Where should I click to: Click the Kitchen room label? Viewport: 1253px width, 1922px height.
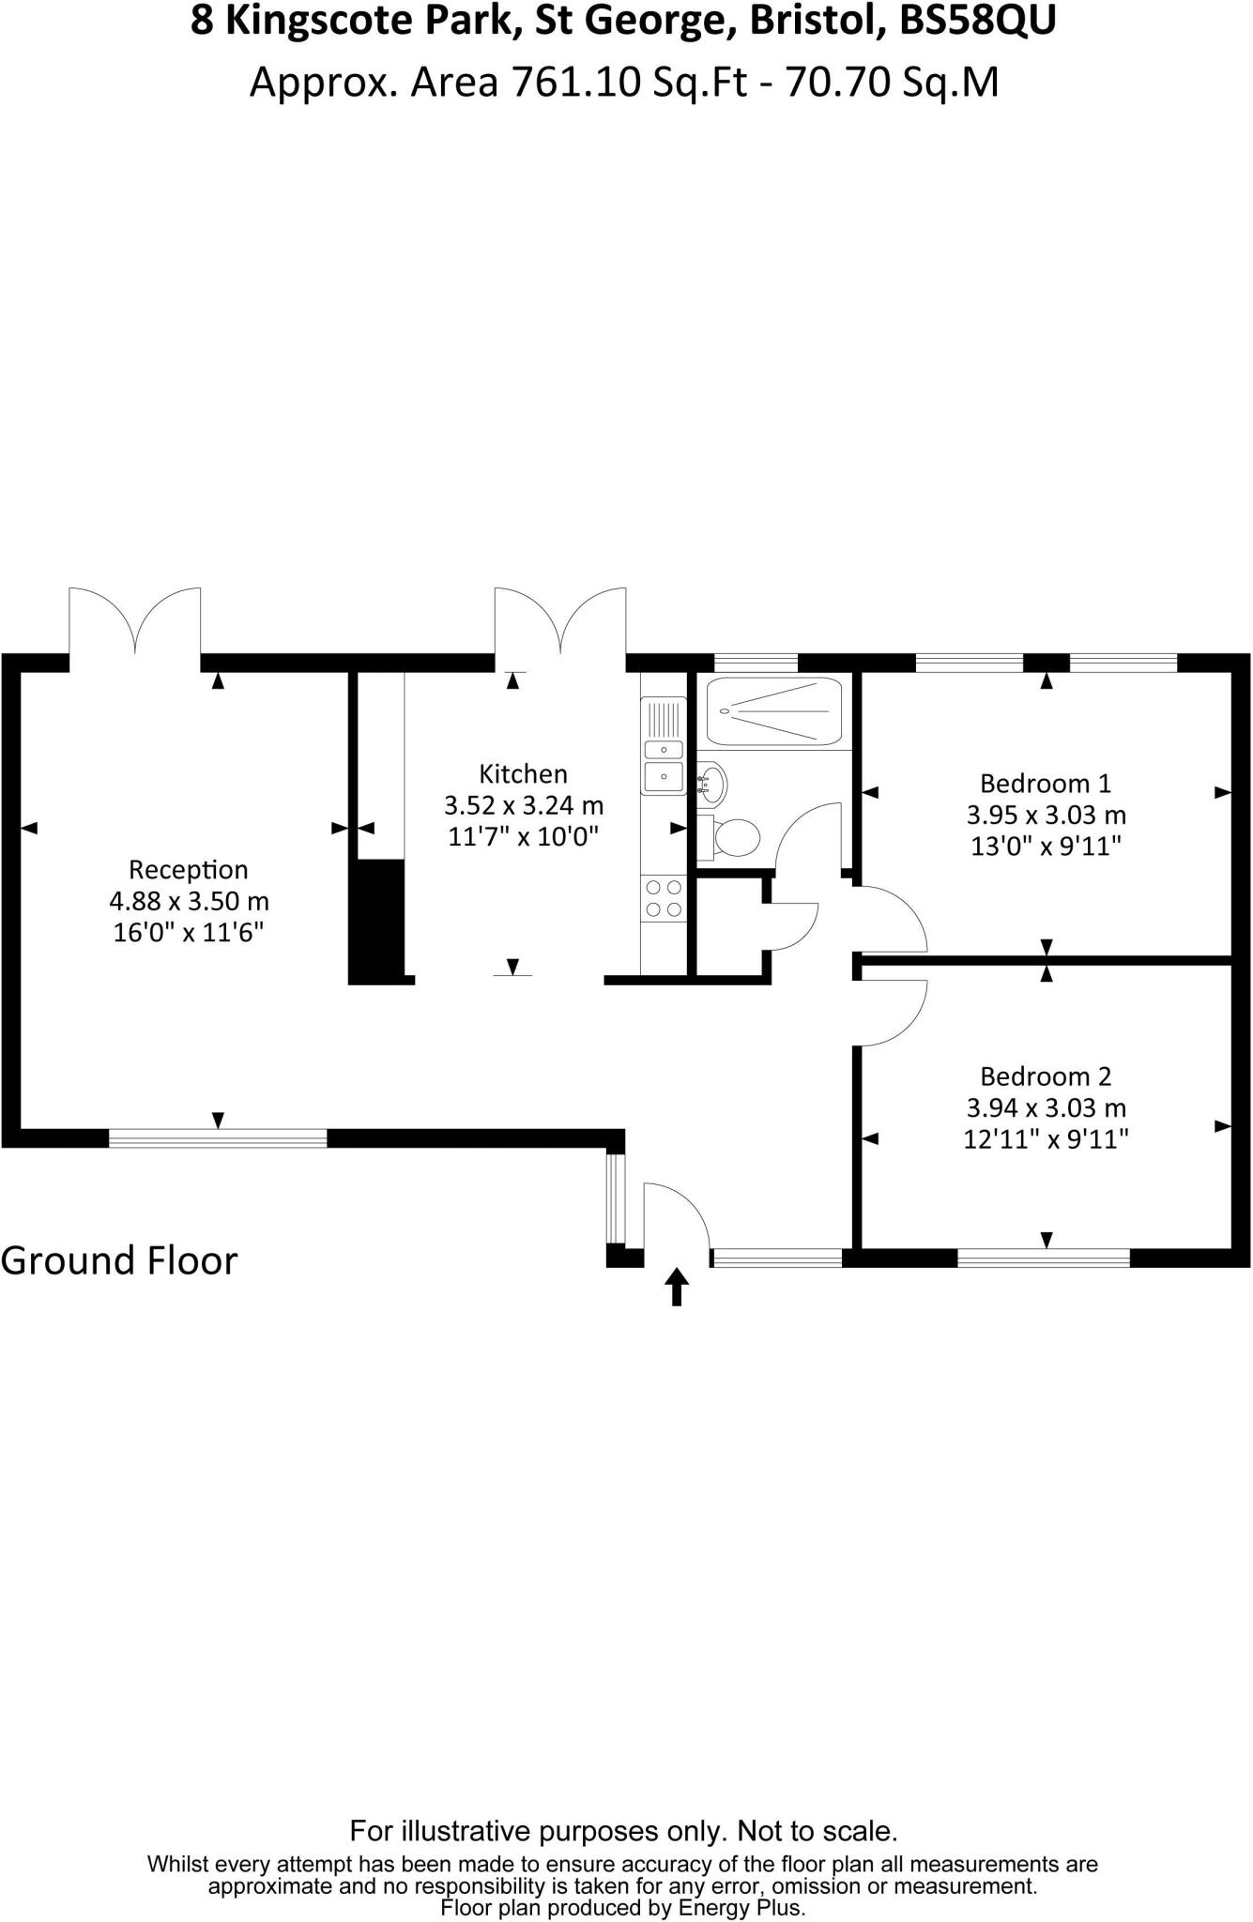(x=523, y=774)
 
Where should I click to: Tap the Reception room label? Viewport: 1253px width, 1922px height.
(x=188, y=870)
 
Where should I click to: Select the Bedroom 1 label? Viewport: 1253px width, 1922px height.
(x=1046, y=784)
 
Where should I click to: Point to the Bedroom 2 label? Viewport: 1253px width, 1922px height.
(x=1046, y=1076)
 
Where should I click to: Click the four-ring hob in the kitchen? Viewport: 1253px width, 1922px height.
(x=664, y=897)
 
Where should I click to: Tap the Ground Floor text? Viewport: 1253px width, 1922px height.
(x=119, y=1260)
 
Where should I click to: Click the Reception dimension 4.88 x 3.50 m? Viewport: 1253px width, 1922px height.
(x=189, y=902)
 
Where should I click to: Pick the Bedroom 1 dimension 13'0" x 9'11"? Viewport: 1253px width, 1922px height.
(x=1046, y=847)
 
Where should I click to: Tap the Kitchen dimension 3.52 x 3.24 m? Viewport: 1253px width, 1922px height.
(x=523, y=805)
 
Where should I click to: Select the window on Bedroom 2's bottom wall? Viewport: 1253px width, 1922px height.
(x=1044, y=1258)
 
